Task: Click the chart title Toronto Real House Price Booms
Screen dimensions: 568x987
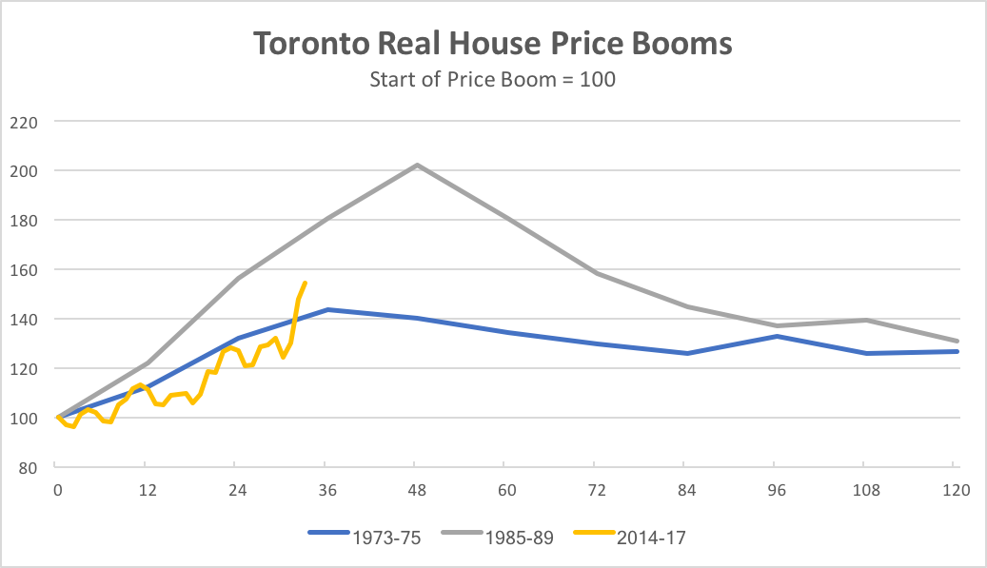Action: (x=492, y=45)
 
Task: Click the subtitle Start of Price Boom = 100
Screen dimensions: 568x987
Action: (x=492, y=80)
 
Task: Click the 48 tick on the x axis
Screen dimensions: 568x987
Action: (x=416, y=490)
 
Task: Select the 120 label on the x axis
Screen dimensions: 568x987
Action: (x=955, y=490)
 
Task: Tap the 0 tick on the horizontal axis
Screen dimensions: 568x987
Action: (x=58, y=490)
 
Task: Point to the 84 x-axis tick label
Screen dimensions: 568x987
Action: (x=685, y=490)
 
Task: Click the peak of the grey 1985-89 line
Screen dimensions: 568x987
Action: (x=417, y=165)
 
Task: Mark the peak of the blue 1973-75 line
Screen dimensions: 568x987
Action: (x=327, y=309)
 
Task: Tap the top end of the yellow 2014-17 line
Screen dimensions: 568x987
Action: (x=305, y=283)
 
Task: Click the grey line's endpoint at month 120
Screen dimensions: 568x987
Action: (x=957, y=341)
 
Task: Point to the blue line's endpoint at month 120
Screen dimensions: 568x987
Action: (x=957, y=351)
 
